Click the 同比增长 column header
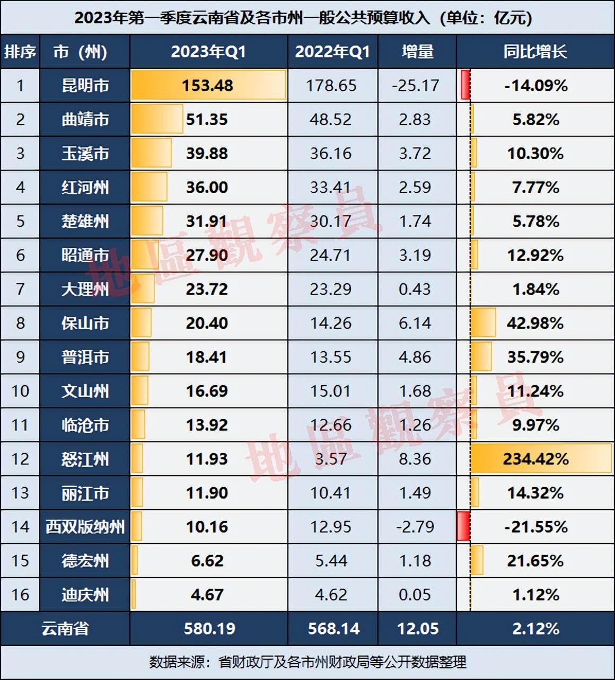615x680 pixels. point(535,51)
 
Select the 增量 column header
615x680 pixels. point(417,51)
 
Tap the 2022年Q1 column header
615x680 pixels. point(332,51)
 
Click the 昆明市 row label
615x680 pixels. point(85,85)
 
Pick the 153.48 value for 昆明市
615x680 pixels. point(207,85)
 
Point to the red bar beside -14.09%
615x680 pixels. point(465,85)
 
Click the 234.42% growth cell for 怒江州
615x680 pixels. point(535,459)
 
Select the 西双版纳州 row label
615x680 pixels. point(85,527)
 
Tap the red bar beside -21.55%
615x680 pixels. point(463,526)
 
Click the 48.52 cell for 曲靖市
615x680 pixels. point(331,119)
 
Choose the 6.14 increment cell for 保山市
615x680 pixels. point(415,323)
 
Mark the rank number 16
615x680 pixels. point(20,595)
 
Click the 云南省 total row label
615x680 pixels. point(65,629)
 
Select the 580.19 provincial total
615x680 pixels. point(209,629)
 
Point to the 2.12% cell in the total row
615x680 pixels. point(535,629)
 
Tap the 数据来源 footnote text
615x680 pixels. point(307,661)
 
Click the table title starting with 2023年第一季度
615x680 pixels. point(303,18)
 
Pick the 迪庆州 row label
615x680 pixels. point(85,595)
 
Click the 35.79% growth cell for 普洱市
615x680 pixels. point(535,357)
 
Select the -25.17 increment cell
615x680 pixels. point(416,85)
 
